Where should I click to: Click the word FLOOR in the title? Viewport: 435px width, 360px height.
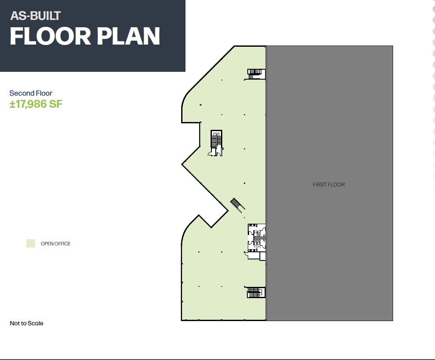[50, 36]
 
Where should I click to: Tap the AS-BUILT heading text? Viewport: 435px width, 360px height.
[35, 16]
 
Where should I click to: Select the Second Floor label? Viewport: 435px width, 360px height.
[31, 93]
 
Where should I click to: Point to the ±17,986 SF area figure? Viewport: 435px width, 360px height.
[36, 104]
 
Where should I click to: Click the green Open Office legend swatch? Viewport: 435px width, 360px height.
[30, 243]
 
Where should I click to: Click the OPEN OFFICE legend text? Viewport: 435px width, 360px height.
[55, 244]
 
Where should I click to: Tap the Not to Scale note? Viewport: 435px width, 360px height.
[26, 323]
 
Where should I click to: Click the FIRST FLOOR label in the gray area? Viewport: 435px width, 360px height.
[329, 185]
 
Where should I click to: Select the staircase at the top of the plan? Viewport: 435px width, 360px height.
[256, 74]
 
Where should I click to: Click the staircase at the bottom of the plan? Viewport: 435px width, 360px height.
[256, 292]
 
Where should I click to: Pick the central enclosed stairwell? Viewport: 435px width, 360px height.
[215, 142]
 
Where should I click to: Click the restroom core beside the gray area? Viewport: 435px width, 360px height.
[256, 238]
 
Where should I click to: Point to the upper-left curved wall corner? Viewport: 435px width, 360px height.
[189, 98]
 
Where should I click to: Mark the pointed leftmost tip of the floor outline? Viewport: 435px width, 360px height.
[182, 164]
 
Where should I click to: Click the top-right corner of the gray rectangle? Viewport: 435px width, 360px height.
[392, 46]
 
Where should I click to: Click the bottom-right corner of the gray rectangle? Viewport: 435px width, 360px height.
[392, 320]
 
